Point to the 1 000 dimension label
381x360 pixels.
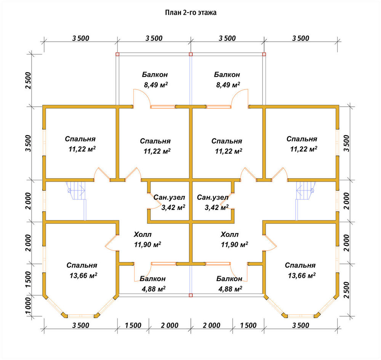28,306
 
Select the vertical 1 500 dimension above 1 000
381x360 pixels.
28,280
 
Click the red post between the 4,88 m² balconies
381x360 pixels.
191,295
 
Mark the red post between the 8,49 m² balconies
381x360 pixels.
191,54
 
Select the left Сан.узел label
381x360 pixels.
169,197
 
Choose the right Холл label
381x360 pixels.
229,234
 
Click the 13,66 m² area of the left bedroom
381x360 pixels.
83,275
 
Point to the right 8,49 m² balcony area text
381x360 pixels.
228,85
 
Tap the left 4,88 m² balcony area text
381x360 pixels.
154,289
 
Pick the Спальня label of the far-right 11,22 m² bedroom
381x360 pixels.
301,139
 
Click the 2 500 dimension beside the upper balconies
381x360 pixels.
28,80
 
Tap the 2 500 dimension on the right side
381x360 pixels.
346,290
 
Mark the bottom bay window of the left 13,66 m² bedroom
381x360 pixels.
81,316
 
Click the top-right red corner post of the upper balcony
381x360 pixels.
264,54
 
